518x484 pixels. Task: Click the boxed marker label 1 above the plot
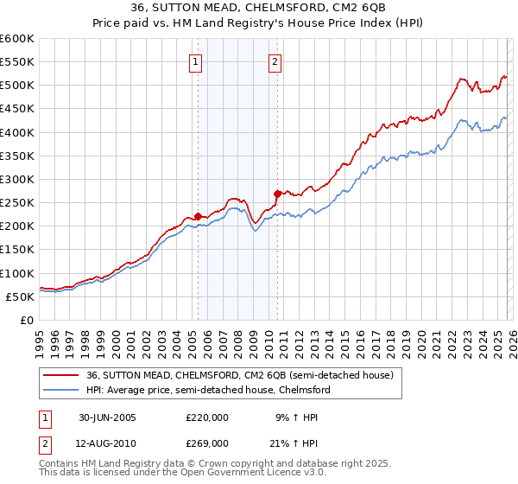point(197,61)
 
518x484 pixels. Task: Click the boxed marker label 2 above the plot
point(275,61)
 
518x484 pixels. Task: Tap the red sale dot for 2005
point(198,216)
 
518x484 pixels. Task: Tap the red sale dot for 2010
point(277,194)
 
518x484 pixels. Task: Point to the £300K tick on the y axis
point(17,179)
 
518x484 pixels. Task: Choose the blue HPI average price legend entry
point(208,390)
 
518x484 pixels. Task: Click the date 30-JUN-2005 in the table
point(107,417)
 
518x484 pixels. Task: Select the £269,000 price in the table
point(207,443)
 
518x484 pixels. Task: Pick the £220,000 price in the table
point(207,417)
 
